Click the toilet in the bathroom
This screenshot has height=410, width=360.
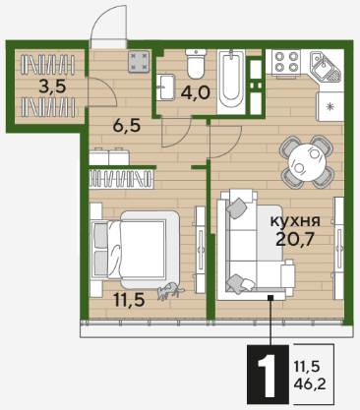coord(196,64)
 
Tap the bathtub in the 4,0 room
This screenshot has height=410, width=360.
coord(231,82)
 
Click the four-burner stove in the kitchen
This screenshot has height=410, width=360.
coord(285,62)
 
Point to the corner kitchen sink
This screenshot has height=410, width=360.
coord(326,67)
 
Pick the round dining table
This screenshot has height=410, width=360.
coord(307,162)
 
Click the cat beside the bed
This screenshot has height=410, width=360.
coord(170,291)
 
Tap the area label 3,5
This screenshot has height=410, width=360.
coord(52,87)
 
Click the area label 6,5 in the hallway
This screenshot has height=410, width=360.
coord(127,125)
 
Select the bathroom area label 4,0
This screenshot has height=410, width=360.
coord(195,93)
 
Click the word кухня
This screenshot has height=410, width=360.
coord(295,221)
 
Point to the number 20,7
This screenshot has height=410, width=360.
coord(295,239)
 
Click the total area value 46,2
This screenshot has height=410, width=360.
coord(310,383)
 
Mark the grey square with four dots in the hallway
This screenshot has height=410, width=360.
coord(139,62)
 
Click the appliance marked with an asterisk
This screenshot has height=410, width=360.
coord(330,106)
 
